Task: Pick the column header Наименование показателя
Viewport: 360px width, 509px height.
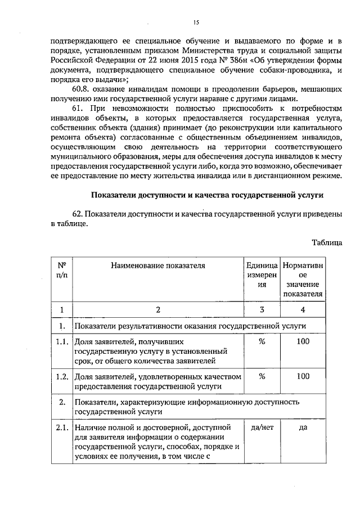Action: point(158,264)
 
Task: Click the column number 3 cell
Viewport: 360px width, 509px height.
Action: point(262,309)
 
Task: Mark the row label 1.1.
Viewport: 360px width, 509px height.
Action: point(62,341)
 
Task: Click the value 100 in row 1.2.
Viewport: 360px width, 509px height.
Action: point(303,376)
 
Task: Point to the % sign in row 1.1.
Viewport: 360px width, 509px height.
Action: point(262,341)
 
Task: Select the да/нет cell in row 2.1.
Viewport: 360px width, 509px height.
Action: point(262,427)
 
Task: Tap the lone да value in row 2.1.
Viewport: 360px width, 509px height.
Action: point(303,427)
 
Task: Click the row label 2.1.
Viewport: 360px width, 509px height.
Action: point(62,427)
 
